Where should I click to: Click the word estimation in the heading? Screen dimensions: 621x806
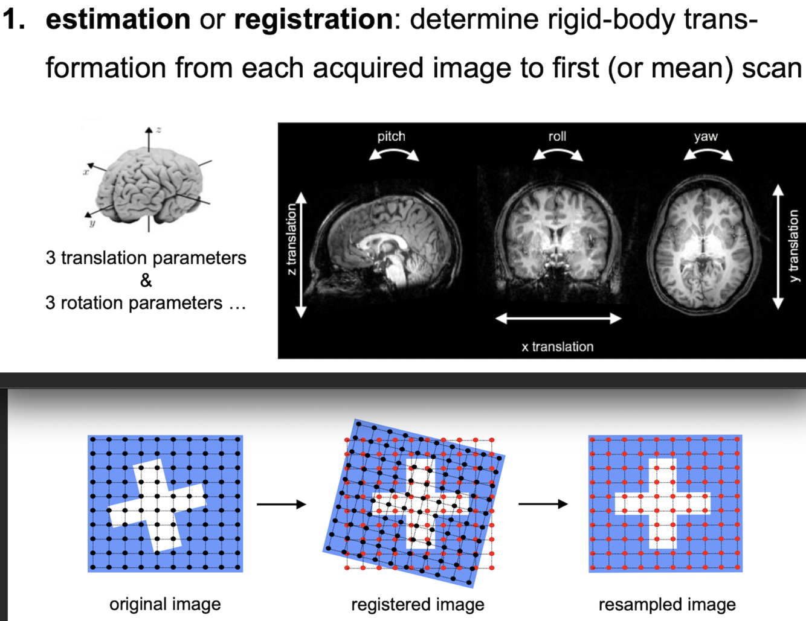point(118,19)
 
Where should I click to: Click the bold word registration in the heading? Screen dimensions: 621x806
point(313,19)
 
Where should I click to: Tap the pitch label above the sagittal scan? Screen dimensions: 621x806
point(392,136)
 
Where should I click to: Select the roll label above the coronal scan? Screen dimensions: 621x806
point(557,136)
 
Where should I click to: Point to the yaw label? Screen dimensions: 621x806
point(706,136)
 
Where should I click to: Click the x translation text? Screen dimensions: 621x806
point(558,347)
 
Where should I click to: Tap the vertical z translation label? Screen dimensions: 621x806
point(291,240)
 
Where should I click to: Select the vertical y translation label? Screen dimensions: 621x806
point(793,246)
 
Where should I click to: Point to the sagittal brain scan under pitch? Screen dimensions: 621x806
point(387,241)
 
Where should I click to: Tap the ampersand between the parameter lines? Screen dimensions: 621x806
point(146,281)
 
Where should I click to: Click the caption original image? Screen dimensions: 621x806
point(165,604)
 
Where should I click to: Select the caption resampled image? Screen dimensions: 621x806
point(667,604)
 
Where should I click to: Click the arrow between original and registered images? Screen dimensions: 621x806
point(282,504)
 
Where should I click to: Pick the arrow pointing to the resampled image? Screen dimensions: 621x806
point(543,504)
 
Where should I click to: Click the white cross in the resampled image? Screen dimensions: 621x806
point(662,503)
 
